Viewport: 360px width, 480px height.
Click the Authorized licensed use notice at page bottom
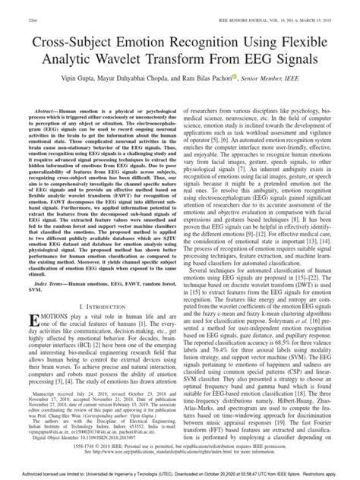click(x=179, y=475)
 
